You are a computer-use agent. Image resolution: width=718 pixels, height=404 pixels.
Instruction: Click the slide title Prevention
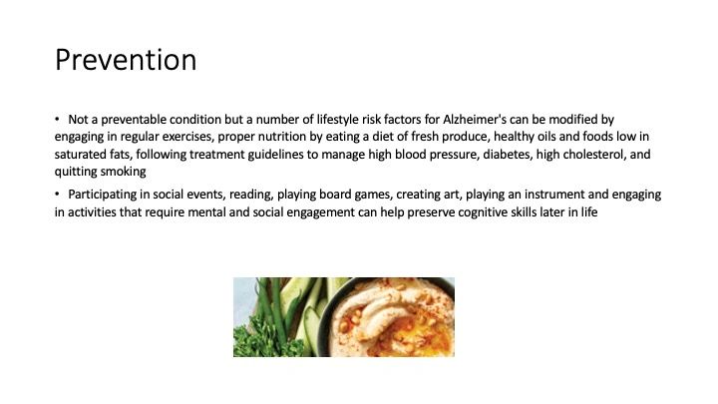pyautogui.click(x=126, y=60)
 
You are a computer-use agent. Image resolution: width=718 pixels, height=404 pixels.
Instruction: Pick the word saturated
pyautogui.click(x=80, y=155)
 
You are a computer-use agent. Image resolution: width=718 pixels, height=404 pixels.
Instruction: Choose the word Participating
pyautogui.click(x=103, y=195)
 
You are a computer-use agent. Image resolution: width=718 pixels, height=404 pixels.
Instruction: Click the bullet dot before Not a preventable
pyautogui.click(x=57, y=119)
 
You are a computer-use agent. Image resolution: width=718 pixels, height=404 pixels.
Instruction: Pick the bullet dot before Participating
pyautogui.click(x=57, y=195)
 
